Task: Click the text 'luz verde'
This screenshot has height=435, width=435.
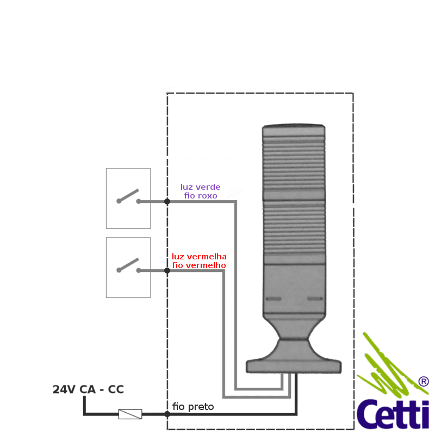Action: point(200,187)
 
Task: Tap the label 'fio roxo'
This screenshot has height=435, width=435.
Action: point(200,195)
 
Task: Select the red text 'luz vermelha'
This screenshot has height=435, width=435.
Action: point(199,257)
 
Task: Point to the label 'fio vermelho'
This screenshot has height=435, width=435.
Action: point(199,265)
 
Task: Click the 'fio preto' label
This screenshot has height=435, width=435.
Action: point(193,407)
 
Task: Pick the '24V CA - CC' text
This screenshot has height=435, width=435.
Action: point(88,389)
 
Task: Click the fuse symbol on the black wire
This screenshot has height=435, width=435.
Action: point(130,414)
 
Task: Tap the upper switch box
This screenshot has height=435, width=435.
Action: point(128,198)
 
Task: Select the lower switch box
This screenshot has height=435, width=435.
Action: point(128,267)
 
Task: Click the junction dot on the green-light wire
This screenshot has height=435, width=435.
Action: point(167,201)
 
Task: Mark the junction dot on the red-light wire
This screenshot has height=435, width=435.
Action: point(167,270)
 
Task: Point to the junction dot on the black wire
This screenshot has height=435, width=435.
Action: point(167,414)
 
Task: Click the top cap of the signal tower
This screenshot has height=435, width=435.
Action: point(294,130)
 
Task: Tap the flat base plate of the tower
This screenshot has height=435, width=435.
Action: point(294,366)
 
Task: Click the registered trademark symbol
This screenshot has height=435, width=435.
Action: point(424,382)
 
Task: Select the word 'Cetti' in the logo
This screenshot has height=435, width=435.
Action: point(393,413)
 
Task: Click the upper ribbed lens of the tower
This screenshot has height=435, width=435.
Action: point(294,163)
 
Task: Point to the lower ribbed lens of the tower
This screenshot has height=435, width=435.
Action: point(294,231)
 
